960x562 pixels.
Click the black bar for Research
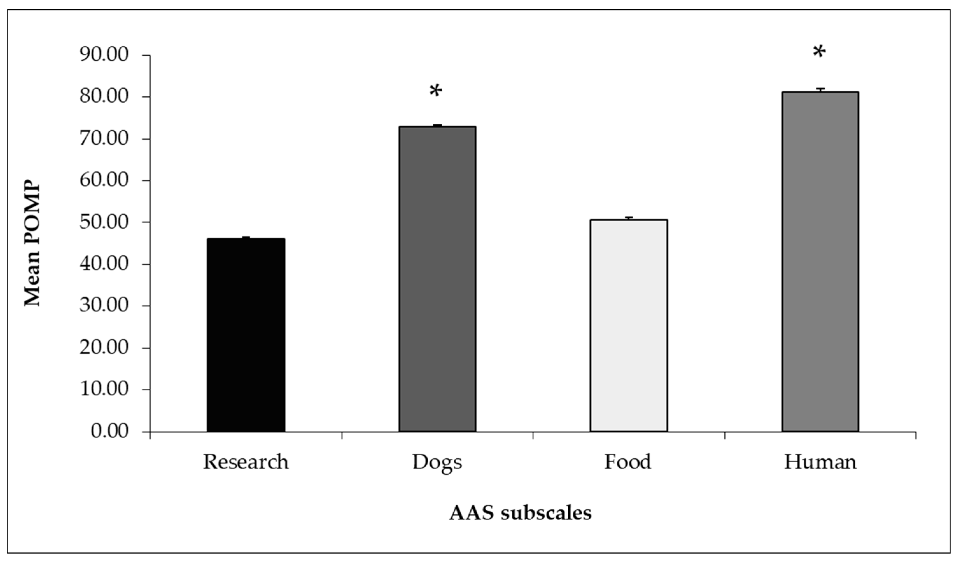pos(246,335)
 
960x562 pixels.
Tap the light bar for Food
pos(628,325)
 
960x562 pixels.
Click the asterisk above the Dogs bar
pos(436,92)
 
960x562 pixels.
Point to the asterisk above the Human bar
pos(819,52)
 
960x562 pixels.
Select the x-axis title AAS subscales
pos(520,513)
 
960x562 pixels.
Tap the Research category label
pos(246,462)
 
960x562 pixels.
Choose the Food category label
pos(628,462)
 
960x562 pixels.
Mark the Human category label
pos(820,462)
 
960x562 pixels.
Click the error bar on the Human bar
pos(820,90)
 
